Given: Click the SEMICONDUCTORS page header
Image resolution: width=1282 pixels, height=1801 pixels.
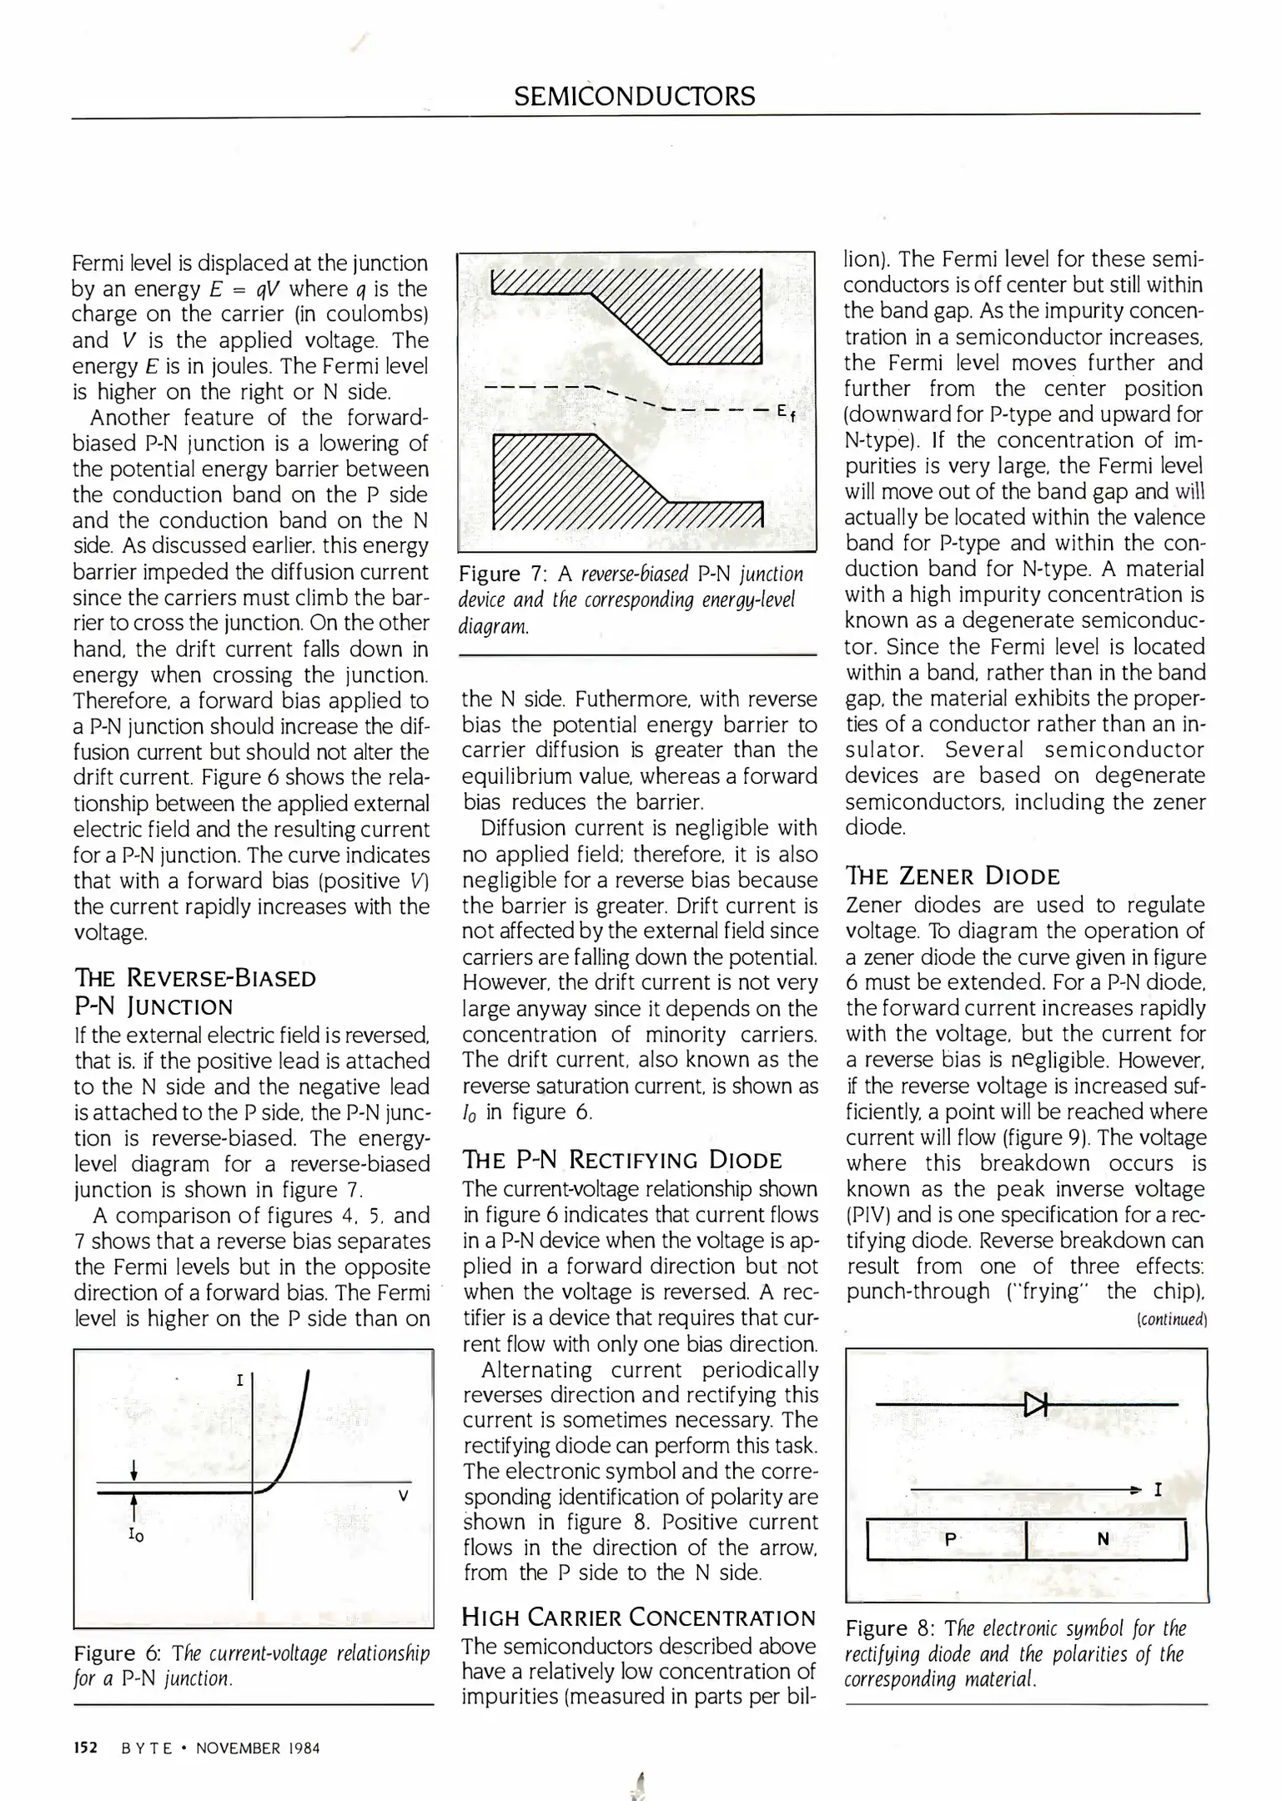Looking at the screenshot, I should (634, 97).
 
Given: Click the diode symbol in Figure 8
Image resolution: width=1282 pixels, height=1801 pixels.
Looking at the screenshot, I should (1034, 1405).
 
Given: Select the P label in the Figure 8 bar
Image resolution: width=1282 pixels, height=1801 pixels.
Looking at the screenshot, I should (949, 1540).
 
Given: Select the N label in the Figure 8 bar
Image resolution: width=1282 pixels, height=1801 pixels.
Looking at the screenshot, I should (1103, 1540).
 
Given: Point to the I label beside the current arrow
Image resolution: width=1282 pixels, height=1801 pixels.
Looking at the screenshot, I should (1158, 1489).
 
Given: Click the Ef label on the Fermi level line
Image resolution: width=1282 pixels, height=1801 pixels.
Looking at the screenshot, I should (784, 412).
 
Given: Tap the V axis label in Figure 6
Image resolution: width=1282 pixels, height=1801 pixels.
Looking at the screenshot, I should (403, 1496).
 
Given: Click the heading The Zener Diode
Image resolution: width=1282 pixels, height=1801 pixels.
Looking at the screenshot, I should (953, 876).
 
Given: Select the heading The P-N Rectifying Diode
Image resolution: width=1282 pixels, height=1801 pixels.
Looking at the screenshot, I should (621, 1160).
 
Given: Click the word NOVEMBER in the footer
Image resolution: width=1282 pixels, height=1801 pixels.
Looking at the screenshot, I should (239, 1748).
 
